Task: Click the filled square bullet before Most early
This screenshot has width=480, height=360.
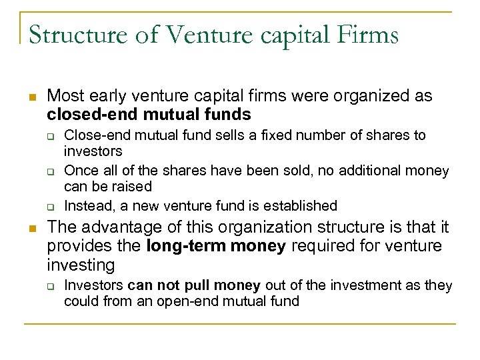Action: pyautogui.click(x=30, y=96)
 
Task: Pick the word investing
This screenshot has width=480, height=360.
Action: pyautogui.click(x=81, y=265)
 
